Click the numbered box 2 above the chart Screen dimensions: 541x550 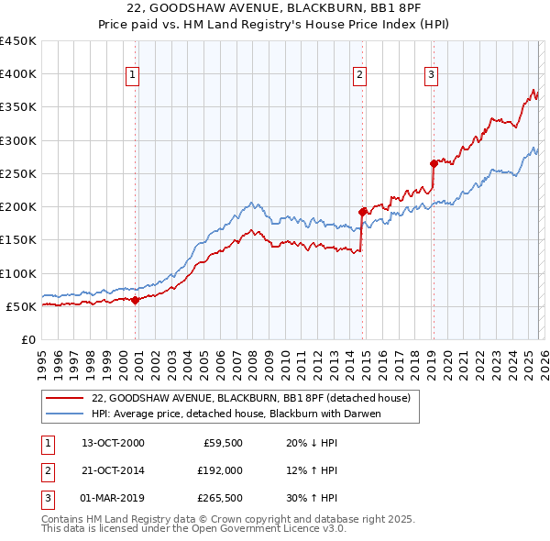coord(360,75)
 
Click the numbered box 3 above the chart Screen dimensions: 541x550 coord(431,75)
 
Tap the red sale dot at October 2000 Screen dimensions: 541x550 coord(136,299)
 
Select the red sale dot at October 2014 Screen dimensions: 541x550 coord(362,212)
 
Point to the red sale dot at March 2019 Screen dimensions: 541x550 coord(433,163)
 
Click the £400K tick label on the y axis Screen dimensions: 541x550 coord(18,74)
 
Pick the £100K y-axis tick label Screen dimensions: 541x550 coord(18,273)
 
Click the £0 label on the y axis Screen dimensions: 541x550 coord(27,339)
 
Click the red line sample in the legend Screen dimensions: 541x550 coord(64,398)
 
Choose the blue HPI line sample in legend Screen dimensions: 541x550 coord(64,414)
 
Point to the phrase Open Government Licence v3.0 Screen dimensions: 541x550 coord(270,530)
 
